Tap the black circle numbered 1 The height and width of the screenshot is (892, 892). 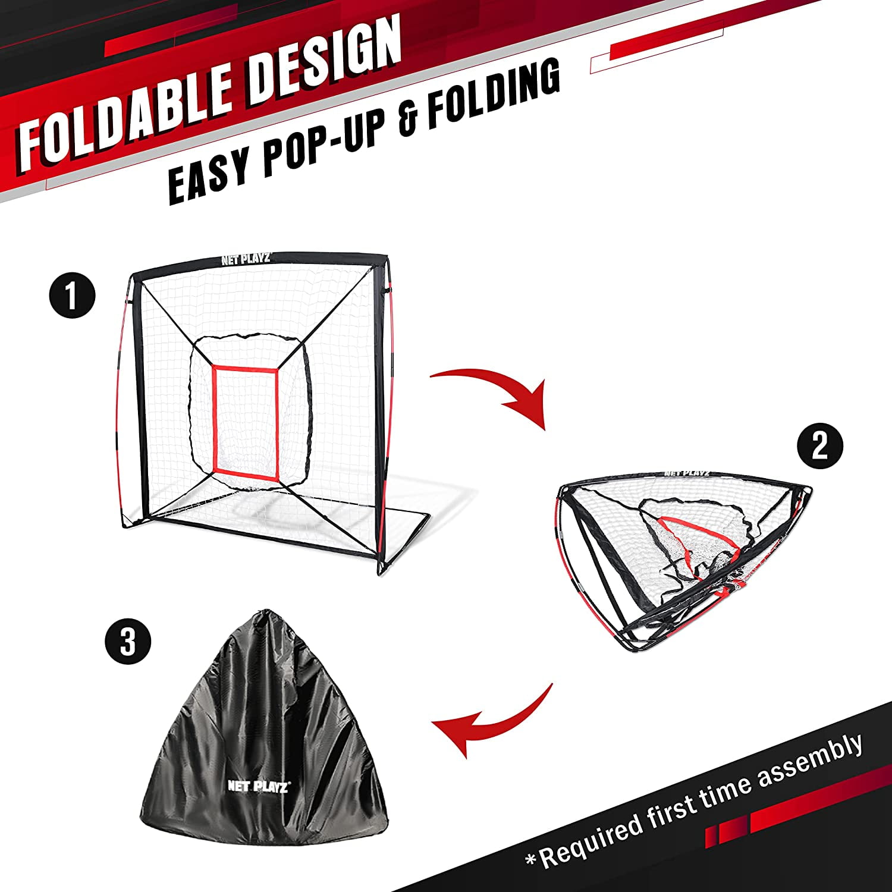pyautogui.click(x=72, y=296)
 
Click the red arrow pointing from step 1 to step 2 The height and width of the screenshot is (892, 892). pyautogui.click(x=494, y=392)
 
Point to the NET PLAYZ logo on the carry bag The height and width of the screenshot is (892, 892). pyautogui.click(x=258, y=786)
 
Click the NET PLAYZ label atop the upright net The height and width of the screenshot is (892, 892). pyautogui.click(x=246, y=259)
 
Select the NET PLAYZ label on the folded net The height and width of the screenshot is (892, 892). pyautogui.click(x=687, y=473)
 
